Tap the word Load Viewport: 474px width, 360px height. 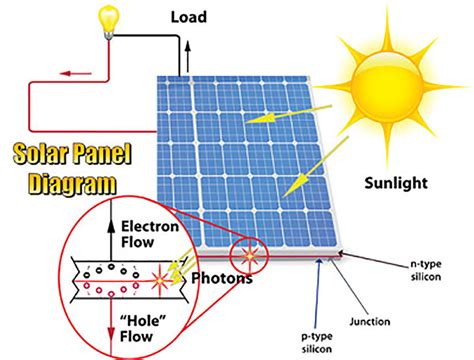click(190, 17)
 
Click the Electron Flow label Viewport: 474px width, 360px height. click(147, 232)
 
